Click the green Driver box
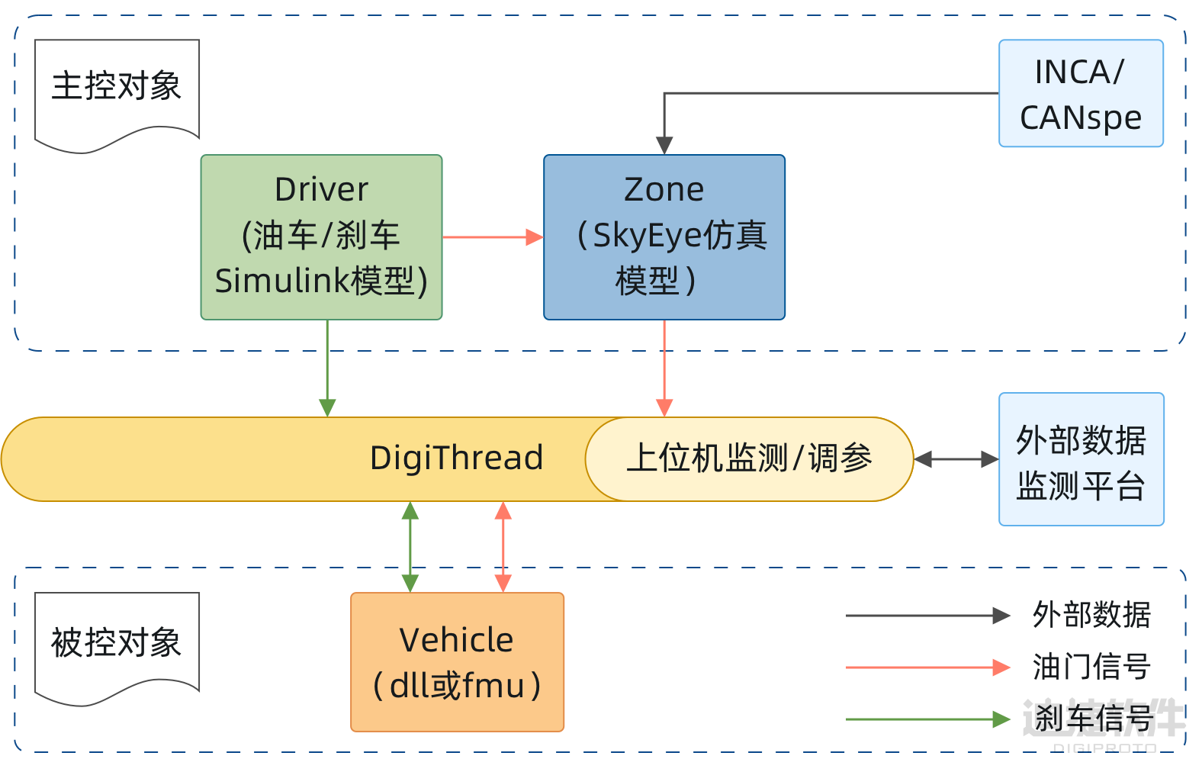point(321,237)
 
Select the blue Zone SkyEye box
point(664,237)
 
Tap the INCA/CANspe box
point(1081,93)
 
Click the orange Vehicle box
point(457,661)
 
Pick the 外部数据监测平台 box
point(1081,459)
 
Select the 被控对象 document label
point(117,642)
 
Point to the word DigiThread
point(456,458)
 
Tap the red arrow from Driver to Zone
point(492,237)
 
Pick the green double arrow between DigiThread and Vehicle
point(410,546)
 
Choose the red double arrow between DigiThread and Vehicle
point(503,546)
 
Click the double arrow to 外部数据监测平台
point(956,459)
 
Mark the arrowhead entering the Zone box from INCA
point(664,146)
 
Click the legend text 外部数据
point(1091,615)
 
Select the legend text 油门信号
point(1091,667)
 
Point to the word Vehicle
point(456,640)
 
